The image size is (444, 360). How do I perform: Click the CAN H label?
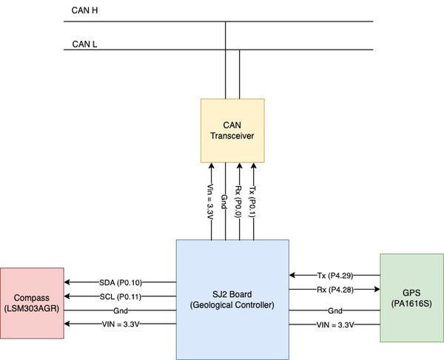[x=84, y=10]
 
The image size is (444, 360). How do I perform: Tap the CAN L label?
[x=84, y=44]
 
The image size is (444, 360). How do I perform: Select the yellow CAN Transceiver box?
[x=232, y=130]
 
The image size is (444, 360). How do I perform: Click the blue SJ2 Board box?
[x=232, y=299]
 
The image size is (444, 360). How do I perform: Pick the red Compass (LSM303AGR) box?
[x=32, y=303]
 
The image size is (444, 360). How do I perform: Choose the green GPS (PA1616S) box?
[x=411, y=298]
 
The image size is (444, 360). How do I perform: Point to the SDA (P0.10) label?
[x=121, y=282]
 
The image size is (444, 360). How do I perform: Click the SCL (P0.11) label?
[x=121, y=296]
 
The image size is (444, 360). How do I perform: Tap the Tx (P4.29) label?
[x=335, y=275]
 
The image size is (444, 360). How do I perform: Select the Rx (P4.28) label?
[x=335, y=290]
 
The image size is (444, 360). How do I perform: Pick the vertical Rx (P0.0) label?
[x=239, y=201]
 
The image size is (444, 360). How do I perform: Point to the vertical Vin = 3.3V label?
[x=211, y=201]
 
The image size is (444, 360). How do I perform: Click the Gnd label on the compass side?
[x=121, y=310]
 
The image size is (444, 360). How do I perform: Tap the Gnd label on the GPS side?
[x=335, y=310]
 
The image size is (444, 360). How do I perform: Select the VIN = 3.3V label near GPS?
[x=335, y=324]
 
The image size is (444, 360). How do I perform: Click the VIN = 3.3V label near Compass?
[x=121, y=324]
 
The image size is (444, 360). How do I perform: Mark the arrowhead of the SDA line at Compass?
[x=67, y=282]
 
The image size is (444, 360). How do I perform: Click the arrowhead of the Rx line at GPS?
[x=377, y=289]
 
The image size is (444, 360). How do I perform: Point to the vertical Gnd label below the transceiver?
[x=224, y=201]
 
